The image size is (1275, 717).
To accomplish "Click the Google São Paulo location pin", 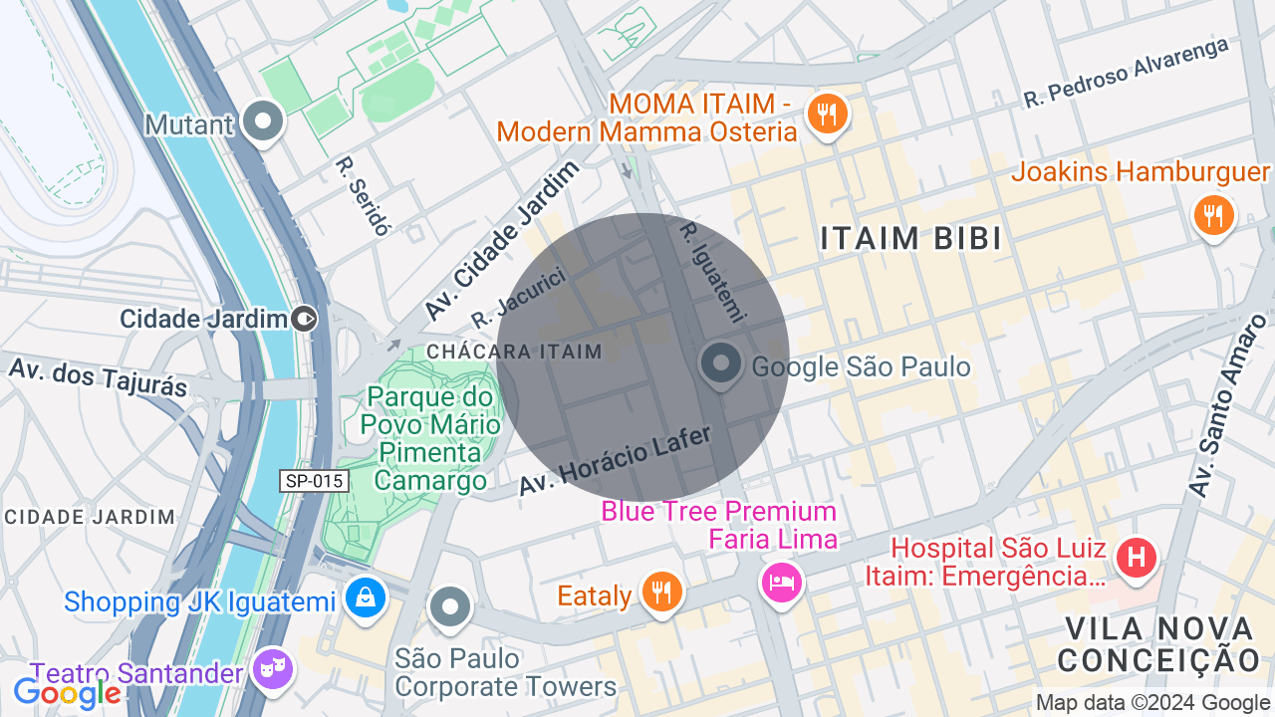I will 720,364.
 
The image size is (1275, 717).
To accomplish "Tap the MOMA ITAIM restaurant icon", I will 826,114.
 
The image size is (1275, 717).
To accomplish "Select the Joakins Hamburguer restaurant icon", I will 1212,214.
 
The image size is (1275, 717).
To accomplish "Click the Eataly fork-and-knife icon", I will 659,593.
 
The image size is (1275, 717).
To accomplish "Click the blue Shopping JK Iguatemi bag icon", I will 366,598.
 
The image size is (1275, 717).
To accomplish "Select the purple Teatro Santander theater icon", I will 272,670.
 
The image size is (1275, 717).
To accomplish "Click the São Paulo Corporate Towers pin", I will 450,605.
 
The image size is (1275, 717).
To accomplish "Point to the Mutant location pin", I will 264,122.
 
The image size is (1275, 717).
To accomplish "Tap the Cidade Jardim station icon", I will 305,319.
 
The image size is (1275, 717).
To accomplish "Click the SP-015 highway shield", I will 314,481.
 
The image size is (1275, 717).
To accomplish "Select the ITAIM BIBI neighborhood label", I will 910,239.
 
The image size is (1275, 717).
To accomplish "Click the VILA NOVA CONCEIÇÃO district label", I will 1159,644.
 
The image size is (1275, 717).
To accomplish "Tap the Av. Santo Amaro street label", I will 1227,406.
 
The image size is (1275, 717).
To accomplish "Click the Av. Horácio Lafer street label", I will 616,459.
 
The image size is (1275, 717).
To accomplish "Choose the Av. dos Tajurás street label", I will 98,376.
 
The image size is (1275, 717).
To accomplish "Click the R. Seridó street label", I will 363,195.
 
